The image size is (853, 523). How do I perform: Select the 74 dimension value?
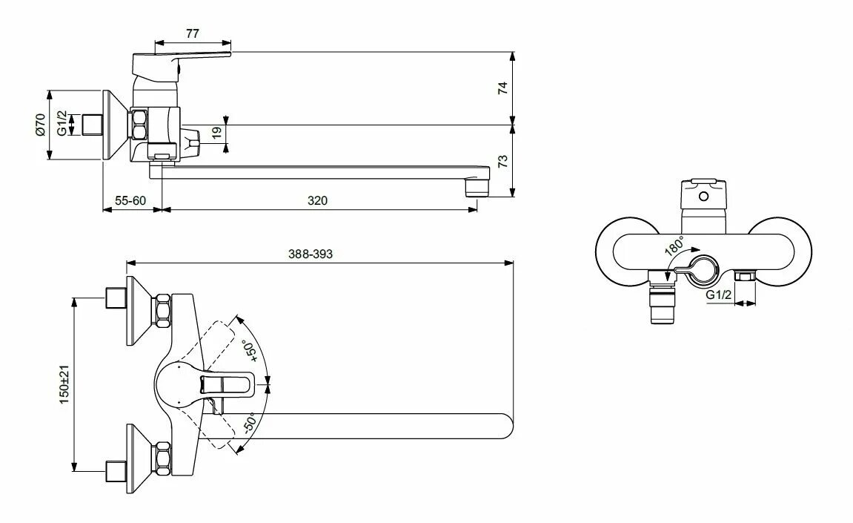click(502, 88)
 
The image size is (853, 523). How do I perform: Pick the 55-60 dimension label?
click(130, 200)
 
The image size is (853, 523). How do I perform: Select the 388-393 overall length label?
click(311, 253)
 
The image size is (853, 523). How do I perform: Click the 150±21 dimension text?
click(65, 384)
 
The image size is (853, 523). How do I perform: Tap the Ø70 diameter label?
click(41, 124)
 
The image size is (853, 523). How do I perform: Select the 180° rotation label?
click(674, 247)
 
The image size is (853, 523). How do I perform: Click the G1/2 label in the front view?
click(718, 295)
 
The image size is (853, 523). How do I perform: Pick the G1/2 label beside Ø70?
click(62, 123)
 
